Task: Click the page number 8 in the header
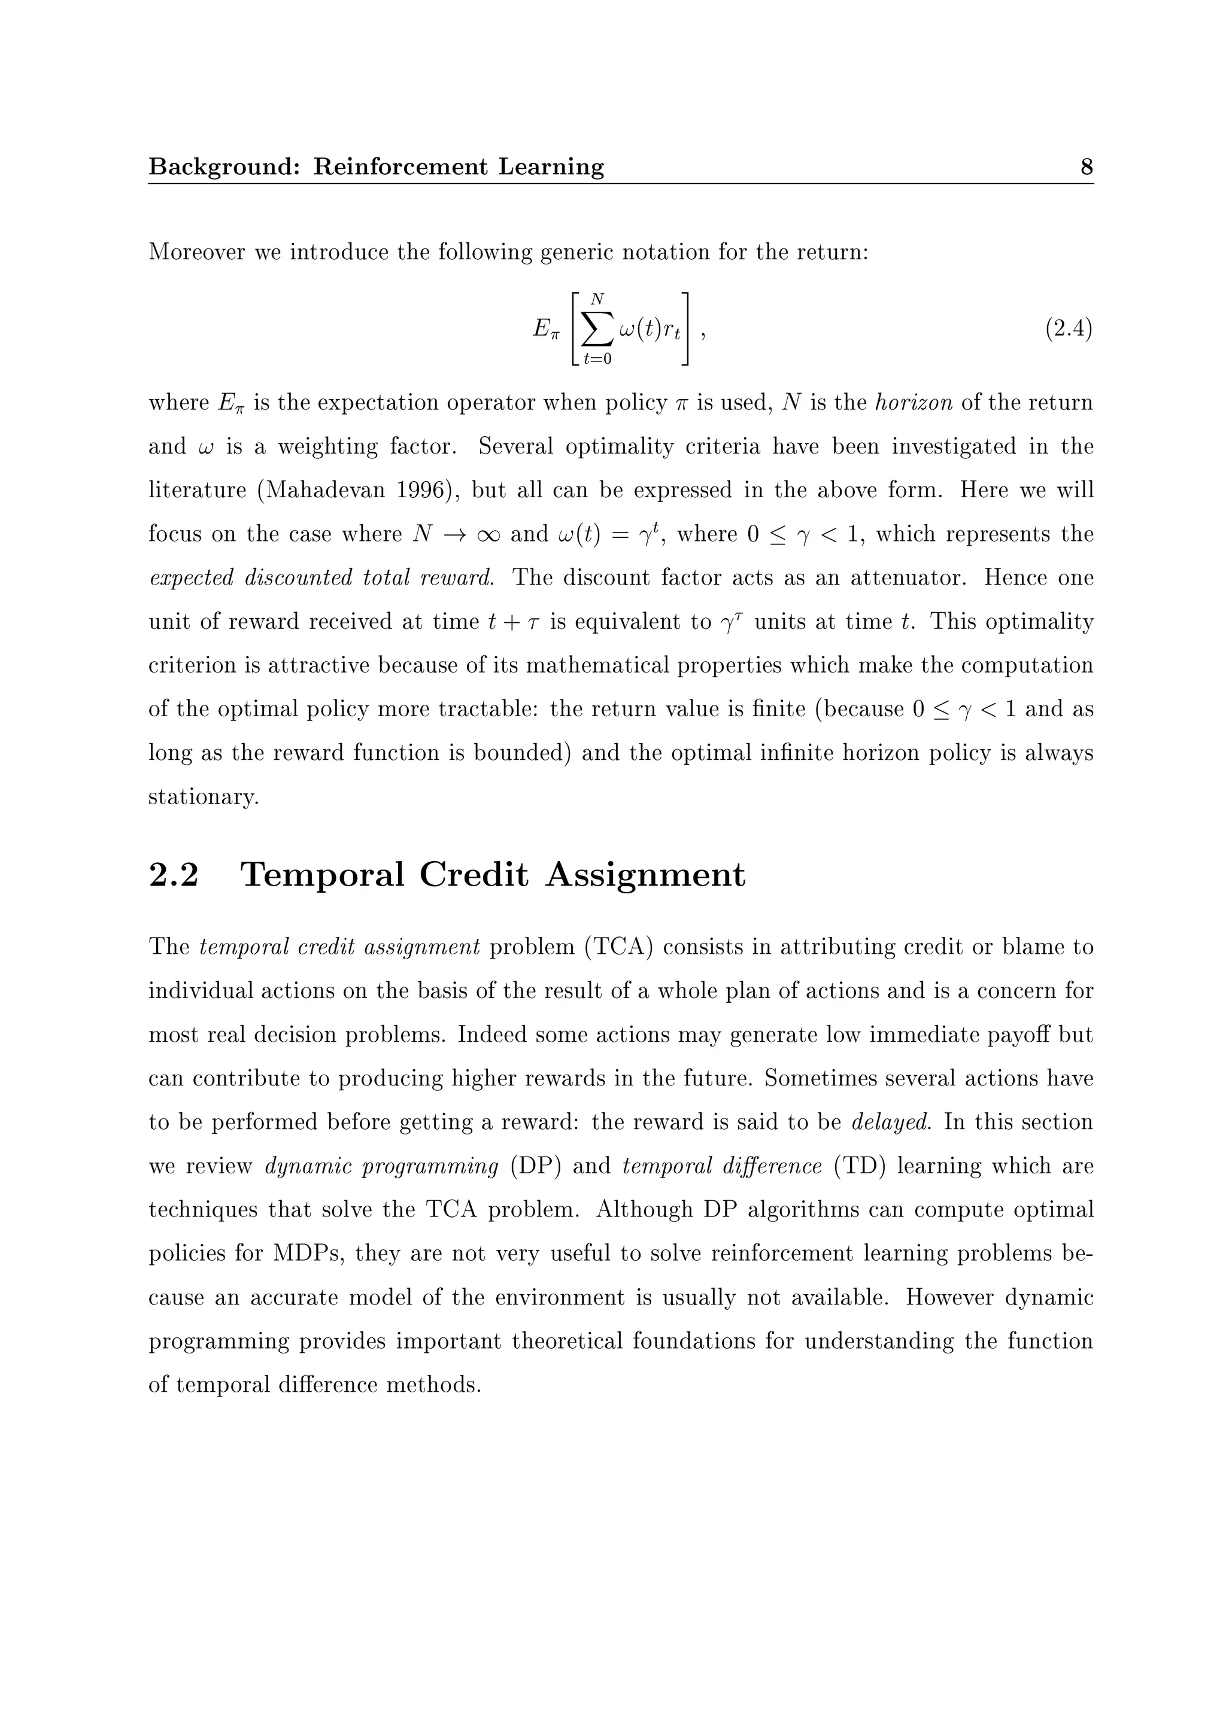1087,166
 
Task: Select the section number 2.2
174,875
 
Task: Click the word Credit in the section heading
473,875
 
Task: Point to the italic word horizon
914,403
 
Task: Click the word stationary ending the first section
202,797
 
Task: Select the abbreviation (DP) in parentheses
535,1166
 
